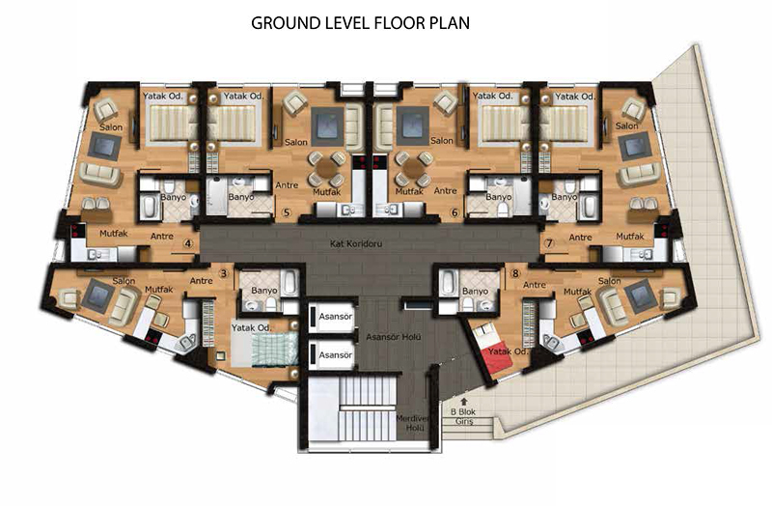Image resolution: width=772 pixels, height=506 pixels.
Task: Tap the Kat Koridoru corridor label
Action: point(356,243)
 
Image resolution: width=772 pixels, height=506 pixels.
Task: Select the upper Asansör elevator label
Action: point(335,317)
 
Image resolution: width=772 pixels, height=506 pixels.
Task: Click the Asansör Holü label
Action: point(394,337)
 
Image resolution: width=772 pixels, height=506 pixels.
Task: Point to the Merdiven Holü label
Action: point(413,423)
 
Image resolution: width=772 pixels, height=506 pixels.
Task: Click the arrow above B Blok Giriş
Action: point(463,402)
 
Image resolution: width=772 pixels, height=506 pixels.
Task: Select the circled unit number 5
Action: point(287,212)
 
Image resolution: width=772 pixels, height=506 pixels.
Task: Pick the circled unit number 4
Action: point(187,243)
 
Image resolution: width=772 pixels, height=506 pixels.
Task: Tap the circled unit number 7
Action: point(549,243)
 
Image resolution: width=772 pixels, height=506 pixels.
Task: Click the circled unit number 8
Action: point(515,273)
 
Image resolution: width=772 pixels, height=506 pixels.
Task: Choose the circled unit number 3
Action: point(224,273)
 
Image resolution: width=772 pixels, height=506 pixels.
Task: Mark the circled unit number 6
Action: point(455,212)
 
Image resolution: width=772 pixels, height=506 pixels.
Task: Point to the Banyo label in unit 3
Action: point(264,291)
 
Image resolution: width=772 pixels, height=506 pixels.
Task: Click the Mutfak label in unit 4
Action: point(114,234)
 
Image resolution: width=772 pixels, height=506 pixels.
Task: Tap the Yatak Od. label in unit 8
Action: point(508,351)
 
